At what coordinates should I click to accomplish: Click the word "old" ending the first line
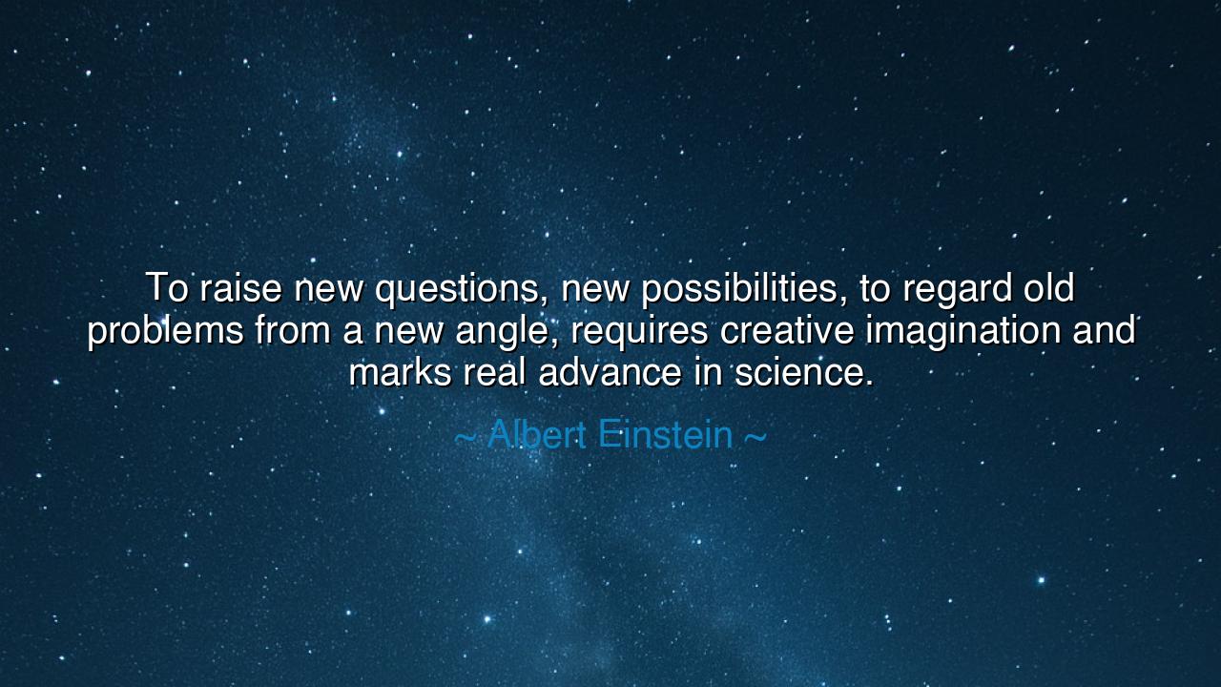pyautogui.click(x=1049, y=288)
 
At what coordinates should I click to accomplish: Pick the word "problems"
pyautogui.click(x=165, y=332)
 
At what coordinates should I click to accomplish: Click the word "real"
pyautogui.click(x=494, y=372)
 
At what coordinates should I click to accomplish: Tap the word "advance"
pyautogui.click(x=610, y=372)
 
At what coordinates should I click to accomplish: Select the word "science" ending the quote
pyautogui.click(x=798, y=372)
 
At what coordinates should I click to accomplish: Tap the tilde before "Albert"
pyautogui.click(x=465, y=437)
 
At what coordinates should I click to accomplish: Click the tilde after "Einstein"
pyautogui.click(x=754, y=437)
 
